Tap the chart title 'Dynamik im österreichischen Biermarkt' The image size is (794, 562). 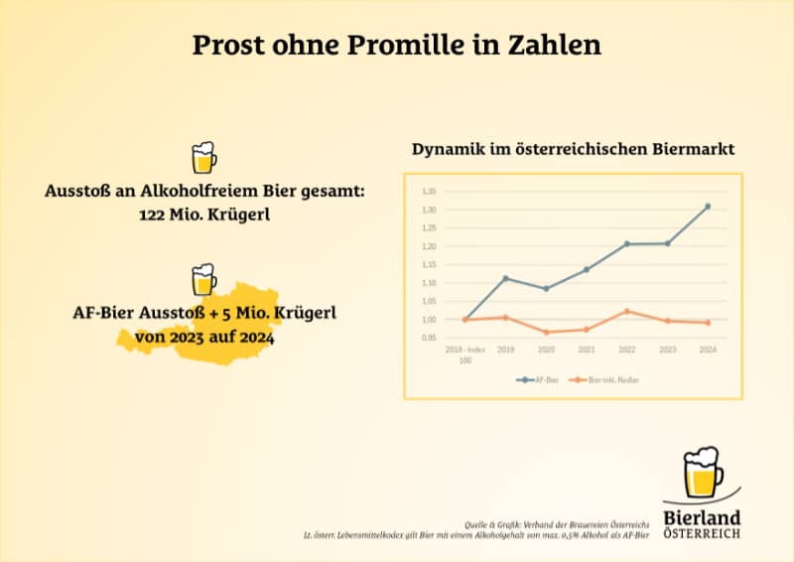[x=573, y=150]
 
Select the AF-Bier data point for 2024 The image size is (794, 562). [x=708, y=207]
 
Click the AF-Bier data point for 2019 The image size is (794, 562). [x=506, y=278]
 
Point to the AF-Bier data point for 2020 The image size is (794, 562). [x=547, y=289]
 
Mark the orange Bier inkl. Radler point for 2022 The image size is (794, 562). [x=627, y=311]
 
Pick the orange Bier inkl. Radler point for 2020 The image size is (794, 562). [x=547, y=332]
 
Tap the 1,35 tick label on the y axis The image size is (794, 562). [x=429, y=191]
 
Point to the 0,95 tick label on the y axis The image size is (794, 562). [x=429, y=338]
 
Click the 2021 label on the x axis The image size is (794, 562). [x=587, y=351]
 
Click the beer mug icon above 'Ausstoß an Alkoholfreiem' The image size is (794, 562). [x=203, y=158]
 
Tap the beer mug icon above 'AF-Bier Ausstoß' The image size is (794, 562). [x=203, y=280]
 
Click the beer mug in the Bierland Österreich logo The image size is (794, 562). [x=703, y=476]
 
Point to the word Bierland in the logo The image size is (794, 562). [x=702, y=518]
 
